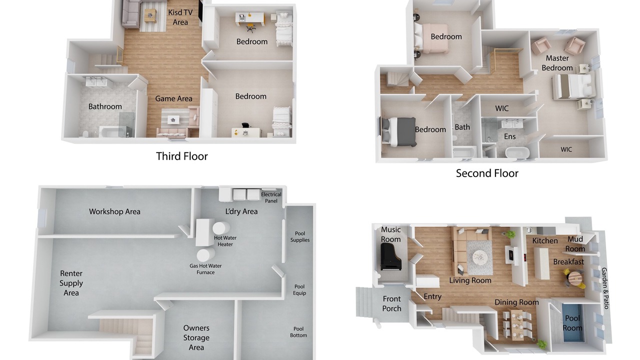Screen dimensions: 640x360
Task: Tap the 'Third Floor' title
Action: pyautogui.click(x=181, y=156)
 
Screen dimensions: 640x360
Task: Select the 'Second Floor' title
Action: pyautogui.click(x=487, y=173)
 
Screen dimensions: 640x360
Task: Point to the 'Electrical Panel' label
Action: pyautogui.click(x=271, y=197)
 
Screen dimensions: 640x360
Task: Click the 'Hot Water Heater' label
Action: pyautogui.click(x=225, y=241)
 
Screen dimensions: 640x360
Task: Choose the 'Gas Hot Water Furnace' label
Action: pyautogui.click(x=205, y=269)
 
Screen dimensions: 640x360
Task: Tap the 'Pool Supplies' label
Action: pyautogui.click(x=300, y=236)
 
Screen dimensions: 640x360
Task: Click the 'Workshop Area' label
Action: pyautogui.click(x=114, y=211)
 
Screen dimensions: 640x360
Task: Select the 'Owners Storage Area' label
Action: pyautogui.click(x=196, y=337)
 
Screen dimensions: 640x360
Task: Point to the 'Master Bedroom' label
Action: pyautogui.click(x=557, y=63)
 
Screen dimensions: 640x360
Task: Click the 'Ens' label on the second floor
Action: pyautogui.click(x=509, y=136)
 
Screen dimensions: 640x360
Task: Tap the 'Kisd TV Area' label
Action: pyautogui.click(x=180, y=17)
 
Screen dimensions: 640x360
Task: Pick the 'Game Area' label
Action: pyautogui.click(x=173, y=98)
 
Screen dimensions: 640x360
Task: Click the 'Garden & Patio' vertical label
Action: pyautogui.click(x=605, y=288)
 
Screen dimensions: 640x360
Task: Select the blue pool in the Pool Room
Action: pyautogui.click(x=572, y=323)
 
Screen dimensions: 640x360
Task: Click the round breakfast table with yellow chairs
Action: pyautogui.click(x=574, y=278)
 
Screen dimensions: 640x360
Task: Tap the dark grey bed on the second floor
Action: pyautogui.click(x=398, y=132)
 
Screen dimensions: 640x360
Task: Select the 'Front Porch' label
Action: pyautogui.click(x=391, y=303)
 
